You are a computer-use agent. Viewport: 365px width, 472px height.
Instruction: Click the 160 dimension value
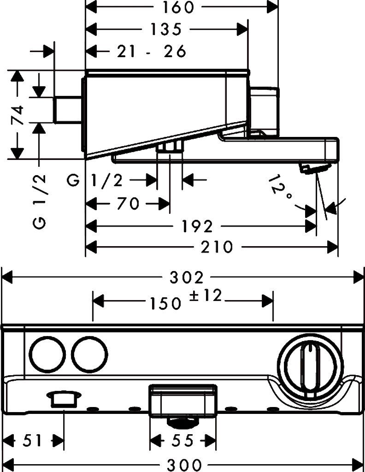coord(178,7)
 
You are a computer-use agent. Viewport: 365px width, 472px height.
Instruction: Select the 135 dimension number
coord(166,29)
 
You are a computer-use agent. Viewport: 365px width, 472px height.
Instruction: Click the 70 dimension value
coord(128,203)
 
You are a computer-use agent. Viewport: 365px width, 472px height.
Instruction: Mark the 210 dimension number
coord(218,248)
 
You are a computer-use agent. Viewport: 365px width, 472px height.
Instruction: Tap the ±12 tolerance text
coord(206,296)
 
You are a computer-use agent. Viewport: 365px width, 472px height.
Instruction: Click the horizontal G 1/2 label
coord(95,180)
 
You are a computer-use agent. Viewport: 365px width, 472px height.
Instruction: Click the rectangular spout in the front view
coord(182,401)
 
